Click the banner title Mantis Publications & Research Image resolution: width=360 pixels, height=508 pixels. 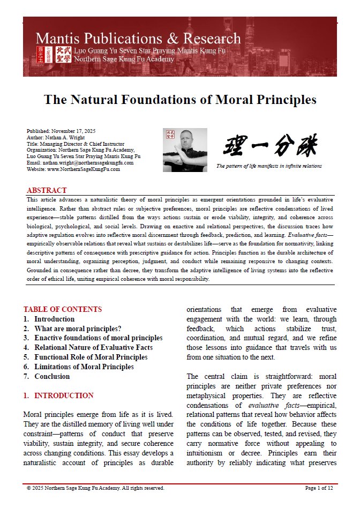point(138,39)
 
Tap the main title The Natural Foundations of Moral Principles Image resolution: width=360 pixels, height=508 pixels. point(180,100)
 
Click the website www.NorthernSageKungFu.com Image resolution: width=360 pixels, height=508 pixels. point(73,169)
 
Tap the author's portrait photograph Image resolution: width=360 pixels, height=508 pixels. point(185,150)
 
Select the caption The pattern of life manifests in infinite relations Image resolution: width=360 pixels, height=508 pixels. point(269,166)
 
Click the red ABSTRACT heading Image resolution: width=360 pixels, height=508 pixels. point(47,190)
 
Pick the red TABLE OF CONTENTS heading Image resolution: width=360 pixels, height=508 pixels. point(63,309)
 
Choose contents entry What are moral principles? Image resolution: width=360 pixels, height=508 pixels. point(78,328)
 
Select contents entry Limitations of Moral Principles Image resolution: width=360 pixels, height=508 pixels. point(84,367)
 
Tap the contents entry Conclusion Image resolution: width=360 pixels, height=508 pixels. point(52,376)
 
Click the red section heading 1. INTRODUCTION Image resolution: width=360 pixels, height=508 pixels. point(58,396)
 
